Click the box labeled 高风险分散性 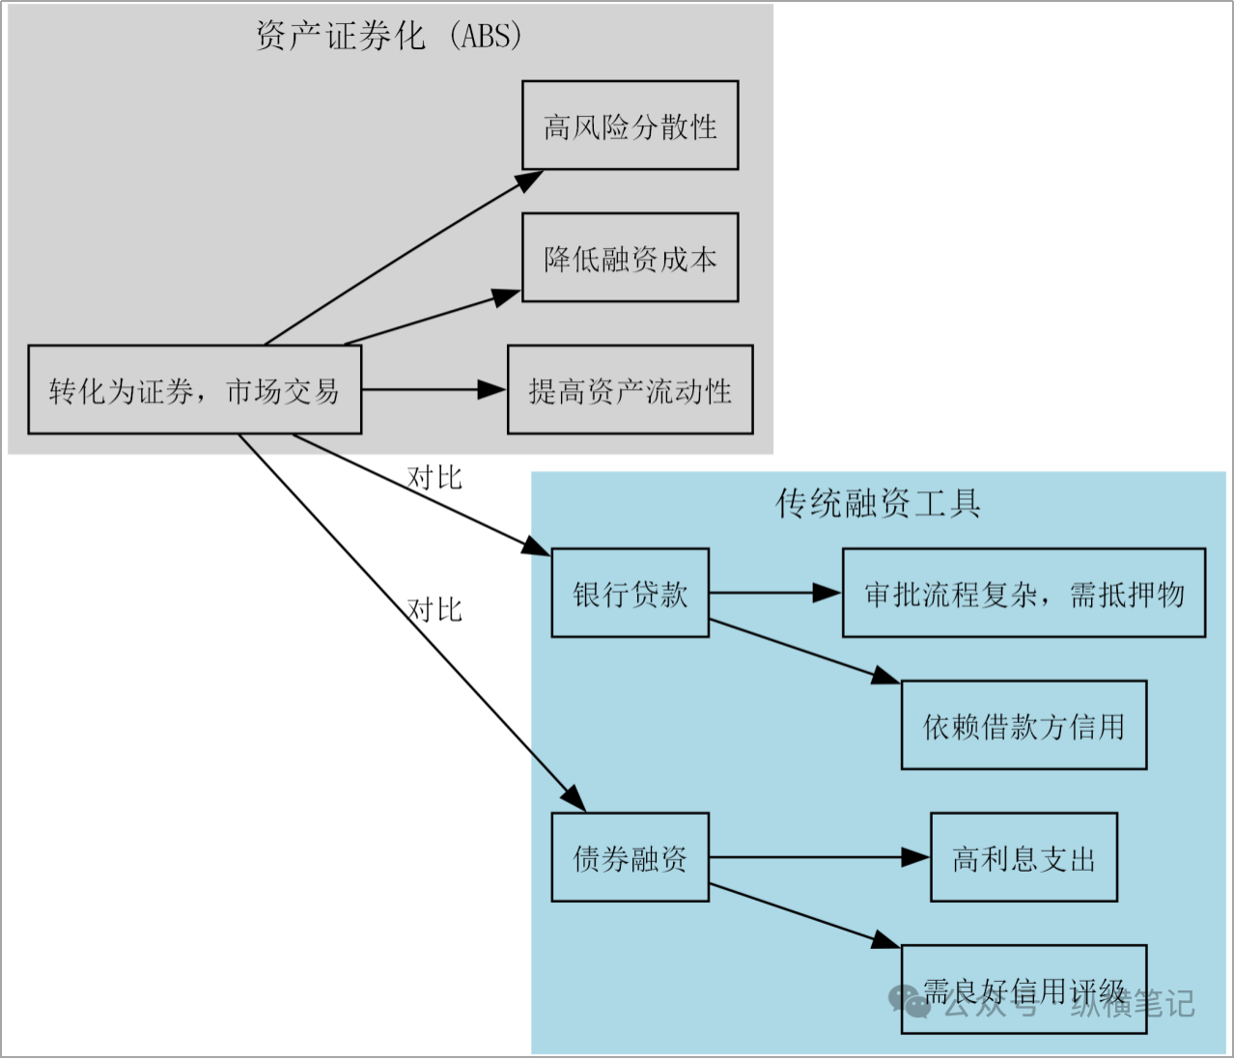[630, 125]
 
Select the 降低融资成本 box [630, 258]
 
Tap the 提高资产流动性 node [630, 390]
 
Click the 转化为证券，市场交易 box [194, 390]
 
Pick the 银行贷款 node [630, 593]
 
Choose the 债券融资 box [630, 857]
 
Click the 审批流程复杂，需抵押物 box [1024, 593]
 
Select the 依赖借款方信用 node [1024, 725]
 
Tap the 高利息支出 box [1024, 857]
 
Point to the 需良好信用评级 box [1024, 989]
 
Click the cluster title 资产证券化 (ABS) [389, 36]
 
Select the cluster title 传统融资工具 [878, 503]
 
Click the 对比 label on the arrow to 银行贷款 [435, 477]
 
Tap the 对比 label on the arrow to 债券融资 [435, 609]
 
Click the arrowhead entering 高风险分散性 [529, 180]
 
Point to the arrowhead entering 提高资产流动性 [493, 390]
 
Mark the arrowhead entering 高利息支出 [915, 857]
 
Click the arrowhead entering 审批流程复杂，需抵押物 [827, 593]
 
